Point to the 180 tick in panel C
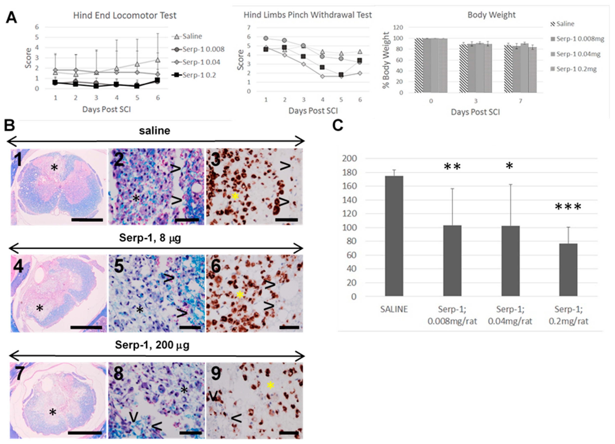[x=350, y=172]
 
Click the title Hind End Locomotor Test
[x=125, y=15]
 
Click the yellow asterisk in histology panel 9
[x=270, y=385]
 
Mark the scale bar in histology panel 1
[x=87, y=219]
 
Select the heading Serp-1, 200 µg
[x=152, y=345]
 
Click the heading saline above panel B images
[x=155, y=131]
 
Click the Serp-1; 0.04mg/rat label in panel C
[x=510, y=315]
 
